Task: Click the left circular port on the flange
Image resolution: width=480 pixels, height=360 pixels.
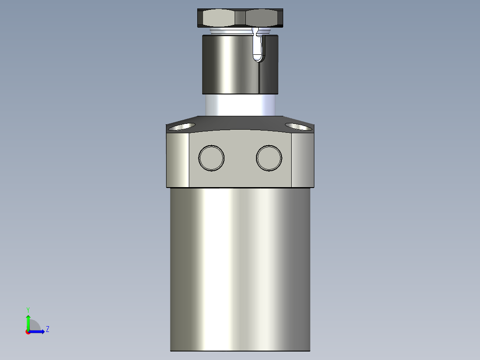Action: [211, 157]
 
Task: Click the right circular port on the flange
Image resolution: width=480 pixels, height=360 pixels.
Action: [269, 157]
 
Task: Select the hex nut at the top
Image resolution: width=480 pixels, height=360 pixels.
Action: [240, 18]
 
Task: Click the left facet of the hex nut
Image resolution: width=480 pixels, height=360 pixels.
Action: [218, 18]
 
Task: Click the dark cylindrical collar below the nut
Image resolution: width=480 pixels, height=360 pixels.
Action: [227, 65]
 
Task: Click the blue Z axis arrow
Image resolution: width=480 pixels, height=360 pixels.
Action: [38, 331]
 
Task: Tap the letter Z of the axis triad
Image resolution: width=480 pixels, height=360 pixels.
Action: [47, 329]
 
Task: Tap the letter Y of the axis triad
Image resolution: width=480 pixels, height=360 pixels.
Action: [28, 310]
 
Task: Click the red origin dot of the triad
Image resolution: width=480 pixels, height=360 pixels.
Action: [28, 332]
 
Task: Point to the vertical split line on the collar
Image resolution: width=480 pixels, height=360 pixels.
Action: [259, 78]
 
